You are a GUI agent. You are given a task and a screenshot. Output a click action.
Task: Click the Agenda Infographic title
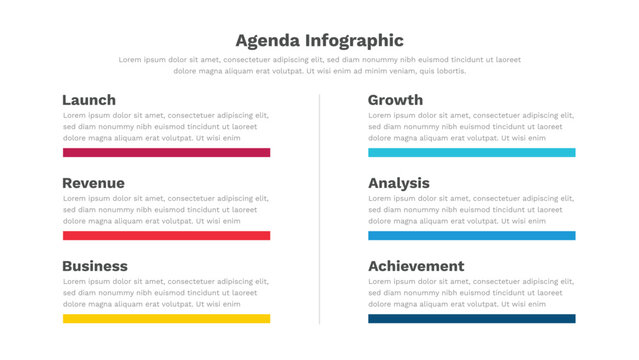tap(319, 41)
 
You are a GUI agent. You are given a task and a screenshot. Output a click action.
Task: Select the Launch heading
tap(89, 100)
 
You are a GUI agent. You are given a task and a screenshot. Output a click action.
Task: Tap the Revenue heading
tap(93, 183)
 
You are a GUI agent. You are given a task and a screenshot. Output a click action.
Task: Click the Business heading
tap(95, 266)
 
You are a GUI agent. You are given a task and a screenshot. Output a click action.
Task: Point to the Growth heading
tap(395, 100)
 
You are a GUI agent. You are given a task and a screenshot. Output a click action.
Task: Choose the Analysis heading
tap(399, 183)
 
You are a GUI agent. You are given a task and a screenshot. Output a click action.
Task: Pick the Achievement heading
tap(416, 266)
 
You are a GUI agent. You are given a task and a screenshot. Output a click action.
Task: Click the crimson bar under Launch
tap(166, 153)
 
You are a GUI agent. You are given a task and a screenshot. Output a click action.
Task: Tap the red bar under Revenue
tap(166, 236)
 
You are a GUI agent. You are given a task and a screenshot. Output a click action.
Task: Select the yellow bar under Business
tap(166, 319)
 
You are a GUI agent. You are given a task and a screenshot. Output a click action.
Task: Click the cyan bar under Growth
tap(471, 153)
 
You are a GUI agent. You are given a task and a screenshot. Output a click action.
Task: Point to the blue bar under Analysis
tap(471, 236)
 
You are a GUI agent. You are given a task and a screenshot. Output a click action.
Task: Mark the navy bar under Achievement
tap(471, 319)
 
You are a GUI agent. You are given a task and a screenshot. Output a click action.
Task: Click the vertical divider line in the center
tap(320, 210)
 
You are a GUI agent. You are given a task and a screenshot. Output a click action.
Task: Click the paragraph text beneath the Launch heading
tap(166, 127)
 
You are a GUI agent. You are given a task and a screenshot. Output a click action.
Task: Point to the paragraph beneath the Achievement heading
tap(471, 293)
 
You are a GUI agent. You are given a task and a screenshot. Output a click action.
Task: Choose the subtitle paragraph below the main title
tap(319, 65)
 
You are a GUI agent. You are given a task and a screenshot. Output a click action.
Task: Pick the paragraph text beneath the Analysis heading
tap(471, 210)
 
